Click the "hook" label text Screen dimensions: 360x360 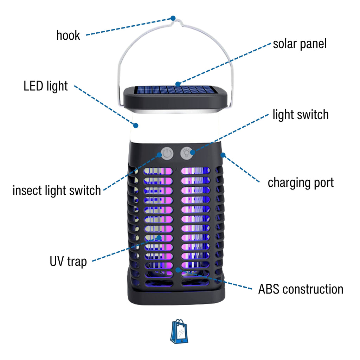coord(68,35)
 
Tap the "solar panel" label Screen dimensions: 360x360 coord(300,44)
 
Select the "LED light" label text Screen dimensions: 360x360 coord(46,86)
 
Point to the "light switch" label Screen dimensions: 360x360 coord(301,115)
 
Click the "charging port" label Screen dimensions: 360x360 coord(301,183)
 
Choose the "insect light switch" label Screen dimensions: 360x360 coord(57,190)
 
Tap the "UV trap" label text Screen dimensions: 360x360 coord(68,261)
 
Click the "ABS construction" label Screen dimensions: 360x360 coord(301,289)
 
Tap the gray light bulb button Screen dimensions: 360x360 coord(187,153)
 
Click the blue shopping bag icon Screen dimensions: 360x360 coord(179,332)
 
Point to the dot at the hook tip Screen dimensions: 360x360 coord(173,18)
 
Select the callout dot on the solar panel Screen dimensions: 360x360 coord(178,84)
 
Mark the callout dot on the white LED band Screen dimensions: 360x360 coord(135,125)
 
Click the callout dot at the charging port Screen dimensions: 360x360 coord(222,154)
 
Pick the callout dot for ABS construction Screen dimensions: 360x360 coord(178,270)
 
